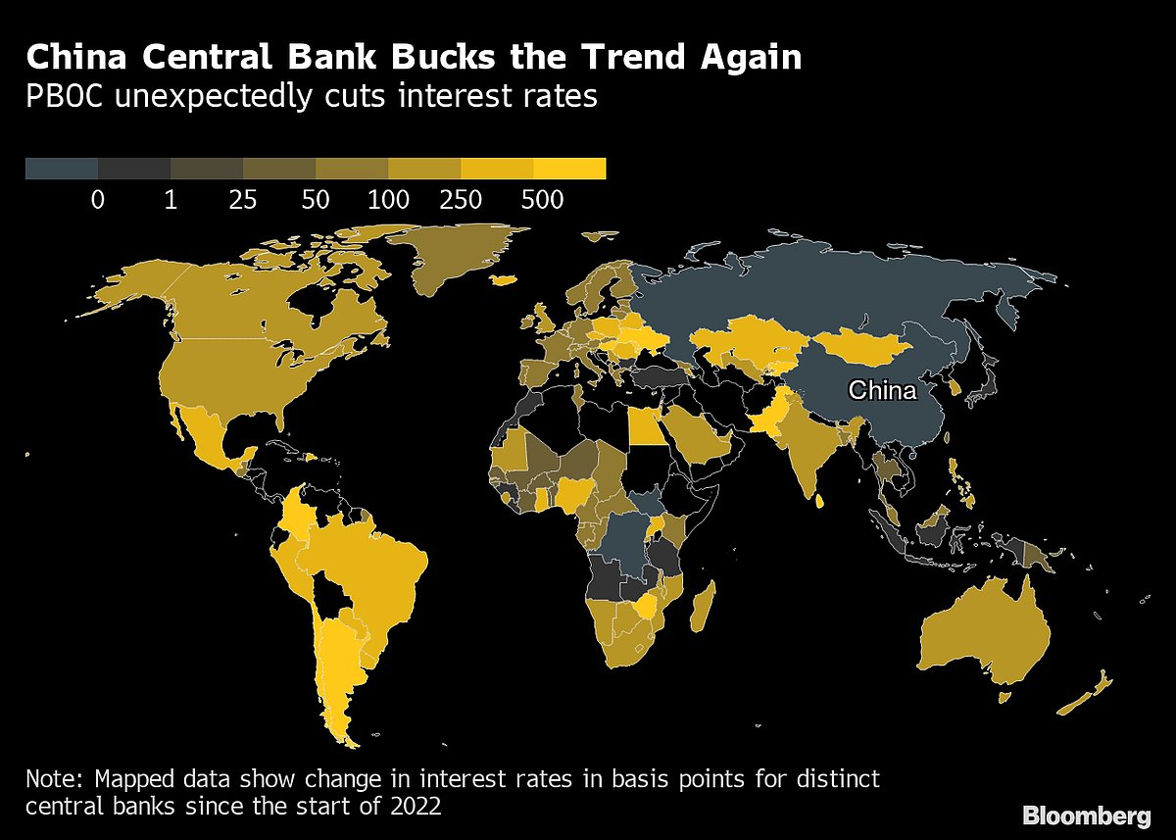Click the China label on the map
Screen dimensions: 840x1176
tap(882, 391)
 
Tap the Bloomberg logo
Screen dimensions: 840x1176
tap(1086, 815)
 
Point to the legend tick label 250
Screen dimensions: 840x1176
tap(462, 200)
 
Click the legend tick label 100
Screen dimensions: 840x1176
tap(389, 200)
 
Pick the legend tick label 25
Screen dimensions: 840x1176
tap(243, 200)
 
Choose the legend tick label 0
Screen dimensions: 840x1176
tap(98, 200)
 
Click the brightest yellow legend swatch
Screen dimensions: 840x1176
tap(570, 169)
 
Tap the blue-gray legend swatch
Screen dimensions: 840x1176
tap(62, 169)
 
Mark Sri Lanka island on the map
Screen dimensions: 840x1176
tap(818, 501)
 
